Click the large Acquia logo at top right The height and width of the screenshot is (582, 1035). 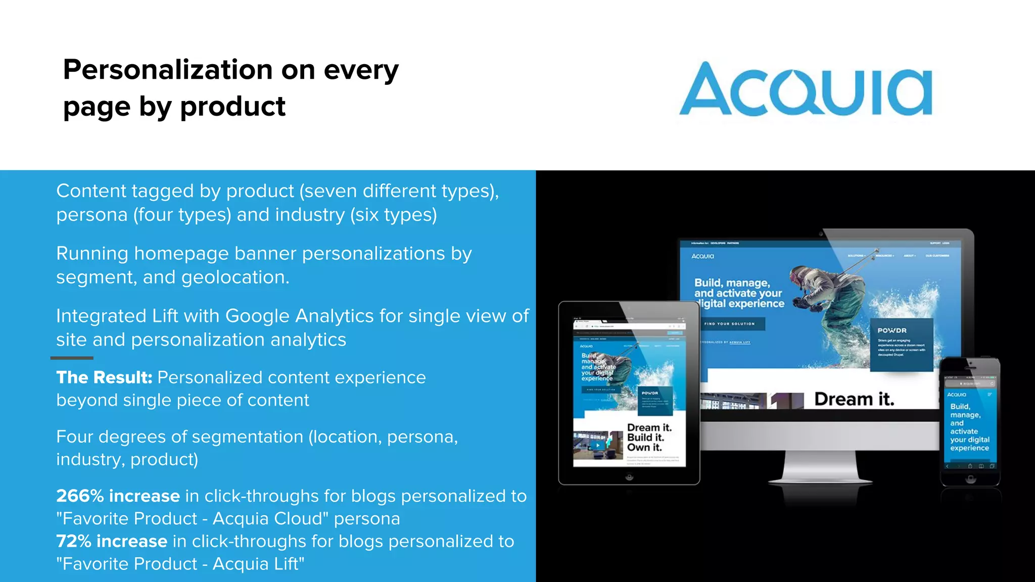[x=806, y=89]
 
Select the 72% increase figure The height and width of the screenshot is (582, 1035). [x=111, y=541]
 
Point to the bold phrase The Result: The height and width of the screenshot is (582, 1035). [x=104, y=377]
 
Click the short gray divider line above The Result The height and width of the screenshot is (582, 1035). [x=72, y=358]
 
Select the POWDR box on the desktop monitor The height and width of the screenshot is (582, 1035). [x=901, y=344]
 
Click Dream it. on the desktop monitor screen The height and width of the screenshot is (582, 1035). [x=854, y=399]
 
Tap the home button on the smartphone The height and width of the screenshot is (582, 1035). [x=970, y=479]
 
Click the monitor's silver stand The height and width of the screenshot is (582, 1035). [x=819, y=465]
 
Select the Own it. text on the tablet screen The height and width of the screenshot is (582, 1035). [x=644, y=447]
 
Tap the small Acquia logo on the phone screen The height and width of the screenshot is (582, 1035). [x=956, y=395]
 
